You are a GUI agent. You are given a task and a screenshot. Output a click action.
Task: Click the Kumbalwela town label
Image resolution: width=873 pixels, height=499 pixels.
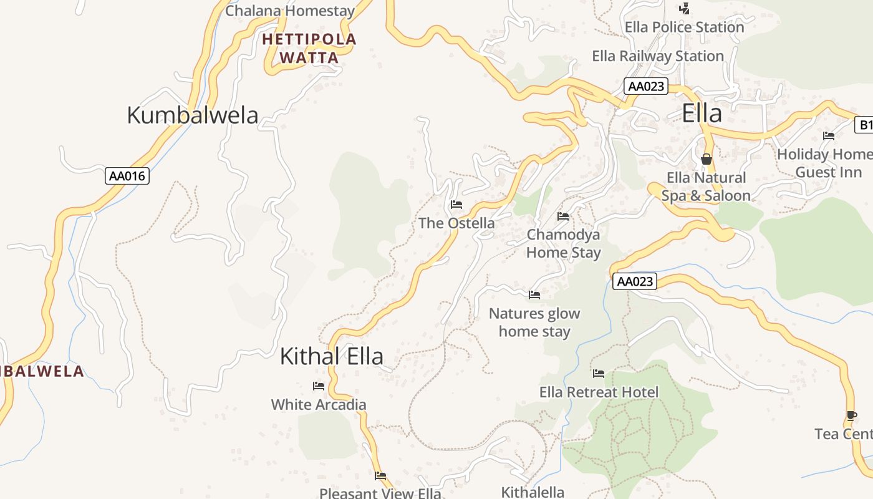(192, 115)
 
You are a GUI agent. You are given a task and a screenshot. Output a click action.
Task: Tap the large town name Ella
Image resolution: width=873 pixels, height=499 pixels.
(702, 114)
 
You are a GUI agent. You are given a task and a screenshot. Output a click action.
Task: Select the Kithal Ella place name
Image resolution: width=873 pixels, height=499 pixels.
(331, 356)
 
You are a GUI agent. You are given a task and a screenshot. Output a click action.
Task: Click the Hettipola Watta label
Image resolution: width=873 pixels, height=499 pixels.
(309, 49)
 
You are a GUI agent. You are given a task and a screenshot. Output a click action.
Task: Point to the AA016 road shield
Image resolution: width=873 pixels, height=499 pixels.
(127, 176)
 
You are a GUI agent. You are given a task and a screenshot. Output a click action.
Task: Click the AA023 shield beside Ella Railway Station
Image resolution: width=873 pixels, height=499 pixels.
(645, 86)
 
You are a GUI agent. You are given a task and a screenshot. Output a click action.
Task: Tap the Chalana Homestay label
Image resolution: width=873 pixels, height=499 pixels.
(290, 11)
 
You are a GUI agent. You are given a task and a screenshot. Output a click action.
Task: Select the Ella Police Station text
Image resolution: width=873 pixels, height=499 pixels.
(684, 27)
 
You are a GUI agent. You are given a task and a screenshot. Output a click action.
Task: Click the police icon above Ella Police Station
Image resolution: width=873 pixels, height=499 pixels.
(684, 9)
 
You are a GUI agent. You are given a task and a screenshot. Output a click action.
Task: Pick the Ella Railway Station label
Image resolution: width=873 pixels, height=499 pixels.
(657, 56)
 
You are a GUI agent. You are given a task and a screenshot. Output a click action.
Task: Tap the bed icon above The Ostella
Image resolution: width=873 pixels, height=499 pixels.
(456, 205)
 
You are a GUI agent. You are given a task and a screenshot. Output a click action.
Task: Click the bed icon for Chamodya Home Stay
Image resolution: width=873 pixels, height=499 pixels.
(563, 216)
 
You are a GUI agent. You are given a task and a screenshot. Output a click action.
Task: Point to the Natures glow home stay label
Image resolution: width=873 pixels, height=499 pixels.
(534, 322)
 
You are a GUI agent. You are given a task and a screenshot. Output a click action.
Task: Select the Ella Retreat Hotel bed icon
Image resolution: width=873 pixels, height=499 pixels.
(599, 374)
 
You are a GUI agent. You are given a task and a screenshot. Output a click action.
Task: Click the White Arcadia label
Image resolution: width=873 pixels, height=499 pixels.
(319, 404)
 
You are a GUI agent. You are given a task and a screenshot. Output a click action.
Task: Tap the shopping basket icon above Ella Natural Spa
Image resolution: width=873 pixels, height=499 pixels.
(706, 160)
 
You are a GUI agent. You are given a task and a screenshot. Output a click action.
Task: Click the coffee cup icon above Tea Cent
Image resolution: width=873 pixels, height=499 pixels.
(852, 415)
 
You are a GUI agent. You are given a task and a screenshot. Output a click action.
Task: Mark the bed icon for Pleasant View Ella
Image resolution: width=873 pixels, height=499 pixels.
(380, 476)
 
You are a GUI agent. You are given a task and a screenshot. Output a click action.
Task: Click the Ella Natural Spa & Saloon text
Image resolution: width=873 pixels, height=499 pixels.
(706, 187)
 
